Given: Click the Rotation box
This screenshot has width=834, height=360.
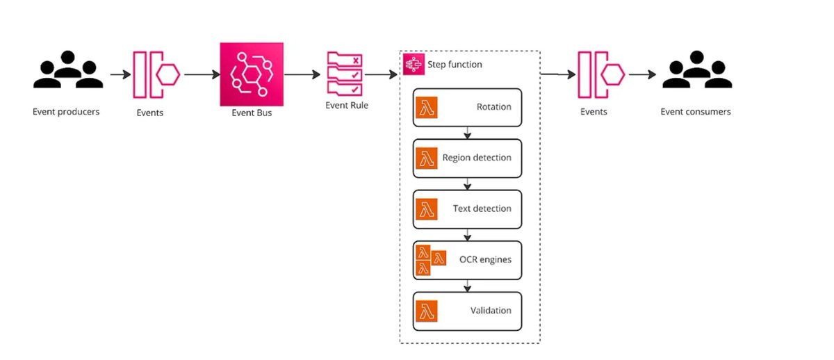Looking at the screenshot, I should [x=466, y=107].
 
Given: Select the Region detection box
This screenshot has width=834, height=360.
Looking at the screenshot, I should [x=466, y=158].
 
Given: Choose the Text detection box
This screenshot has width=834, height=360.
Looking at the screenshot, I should [x=466, y=208].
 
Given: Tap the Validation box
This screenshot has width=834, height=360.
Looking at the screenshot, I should [x=466, y=311].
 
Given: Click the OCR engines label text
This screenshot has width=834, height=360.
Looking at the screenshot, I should [x=485, y=259].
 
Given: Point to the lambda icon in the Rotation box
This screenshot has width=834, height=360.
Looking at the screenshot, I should [x=426, y=108].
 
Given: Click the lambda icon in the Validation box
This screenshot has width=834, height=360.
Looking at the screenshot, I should [x=426, y=311].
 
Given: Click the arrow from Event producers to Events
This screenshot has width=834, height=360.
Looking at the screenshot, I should [x=120, y=73].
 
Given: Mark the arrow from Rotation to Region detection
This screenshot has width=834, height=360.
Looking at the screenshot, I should [x=468, y=133].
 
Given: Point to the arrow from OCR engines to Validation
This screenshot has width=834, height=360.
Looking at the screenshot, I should [x=468, y=285].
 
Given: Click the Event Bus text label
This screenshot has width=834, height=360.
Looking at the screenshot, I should [x=252, y=113].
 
